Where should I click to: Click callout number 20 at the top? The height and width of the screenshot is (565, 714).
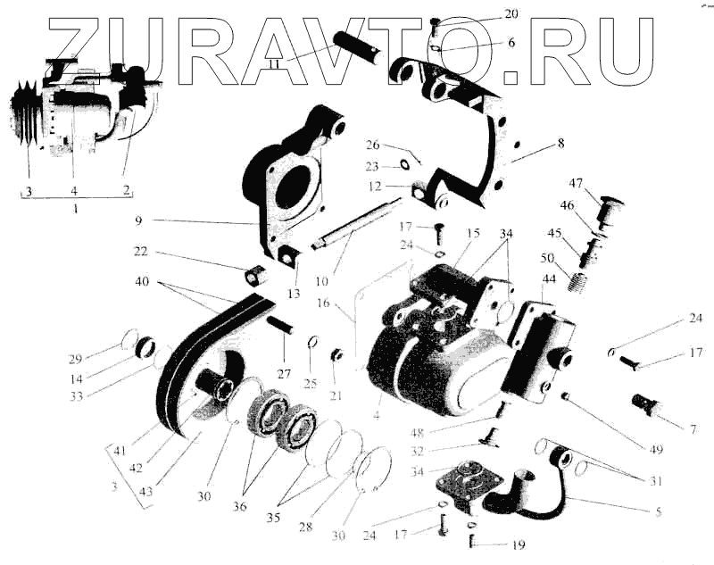[510, 14]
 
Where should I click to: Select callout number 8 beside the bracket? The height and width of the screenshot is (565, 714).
[560, 142]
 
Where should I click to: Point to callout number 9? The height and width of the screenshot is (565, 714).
[139, 220]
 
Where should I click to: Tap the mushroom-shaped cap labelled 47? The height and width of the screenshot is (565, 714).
[610, 208]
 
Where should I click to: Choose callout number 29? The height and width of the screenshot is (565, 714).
[75, 359]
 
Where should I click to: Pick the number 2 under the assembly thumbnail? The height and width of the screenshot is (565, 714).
[127, 189]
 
